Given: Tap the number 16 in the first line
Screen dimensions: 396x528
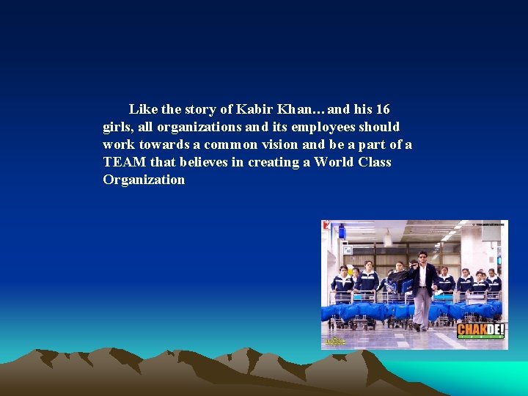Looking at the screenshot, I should click(382, 109).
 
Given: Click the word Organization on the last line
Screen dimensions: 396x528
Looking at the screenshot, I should click(144, 180).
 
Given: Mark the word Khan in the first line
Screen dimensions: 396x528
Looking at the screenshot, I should click(291, 109).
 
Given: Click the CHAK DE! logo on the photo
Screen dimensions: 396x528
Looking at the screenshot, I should click(480, 331).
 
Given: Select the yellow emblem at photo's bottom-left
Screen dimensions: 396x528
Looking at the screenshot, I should click(335, 341).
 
